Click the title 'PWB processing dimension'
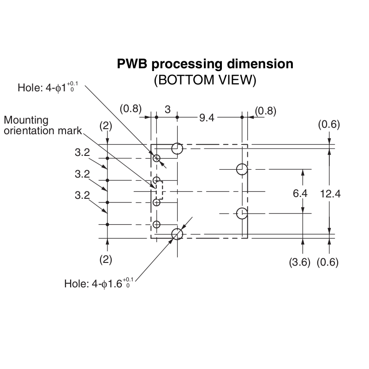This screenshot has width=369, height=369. click(x=205, y=64)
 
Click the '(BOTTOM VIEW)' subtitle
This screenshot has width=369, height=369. click(x=205, y=80)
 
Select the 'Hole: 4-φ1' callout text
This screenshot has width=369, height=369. click(x=48, y=87)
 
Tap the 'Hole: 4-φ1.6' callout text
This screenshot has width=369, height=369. click(x=99, y=283)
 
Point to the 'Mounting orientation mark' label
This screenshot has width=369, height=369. click(x=42, y=125)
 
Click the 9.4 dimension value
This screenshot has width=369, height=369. click(x=207, y=118)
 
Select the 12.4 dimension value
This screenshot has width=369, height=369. click(x=330, y=194)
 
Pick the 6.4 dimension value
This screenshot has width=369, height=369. click(x=300, y=193)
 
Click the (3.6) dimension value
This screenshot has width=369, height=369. click(x=299, y=262)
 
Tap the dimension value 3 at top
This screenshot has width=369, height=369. click(x=167, y=109)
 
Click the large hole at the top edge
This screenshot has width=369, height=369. click(x=177, y=149)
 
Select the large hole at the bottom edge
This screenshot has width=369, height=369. click(x=177, y=234)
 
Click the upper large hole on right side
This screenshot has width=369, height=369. click(x=242, y=169)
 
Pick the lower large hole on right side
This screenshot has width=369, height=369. click(x=242, y=214)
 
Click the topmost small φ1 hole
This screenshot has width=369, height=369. click(x=156, y=158)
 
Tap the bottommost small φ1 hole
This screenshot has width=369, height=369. click(x=156, y=225)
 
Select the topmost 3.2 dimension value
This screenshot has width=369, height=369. click(x=83, y=153)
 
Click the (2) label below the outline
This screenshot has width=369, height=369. click(x=106, y=260)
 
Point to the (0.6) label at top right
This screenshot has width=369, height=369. click(x=329, y=124)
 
